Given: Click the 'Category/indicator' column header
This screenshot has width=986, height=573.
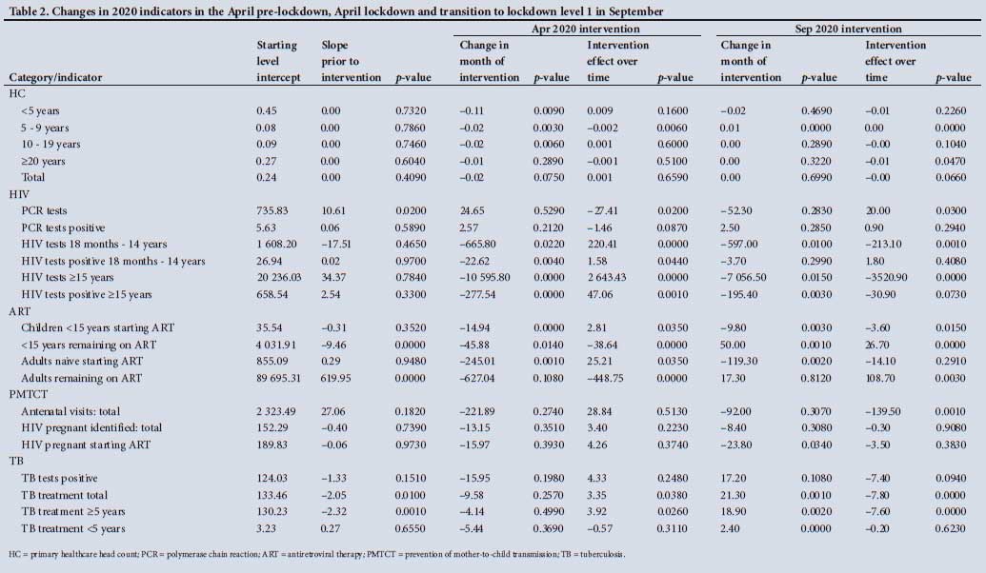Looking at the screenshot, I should [x=55, y=76].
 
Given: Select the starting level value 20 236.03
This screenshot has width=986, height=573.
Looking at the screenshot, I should [x=278, y=278].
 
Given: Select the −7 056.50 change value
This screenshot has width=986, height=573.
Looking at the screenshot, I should [x=747, y=278].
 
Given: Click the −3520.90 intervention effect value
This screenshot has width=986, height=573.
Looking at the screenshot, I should [x=890, y=278].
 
